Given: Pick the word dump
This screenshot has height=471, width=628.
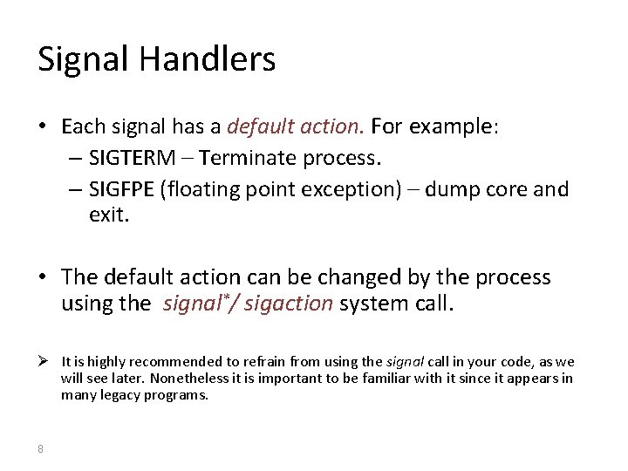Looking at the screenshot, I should coord(459,189).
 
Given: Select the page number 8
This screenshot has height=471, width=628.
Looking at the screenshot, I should coord(40,448).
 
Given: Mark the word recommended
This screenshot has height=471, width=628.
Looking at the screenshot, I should coord(164,361).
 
